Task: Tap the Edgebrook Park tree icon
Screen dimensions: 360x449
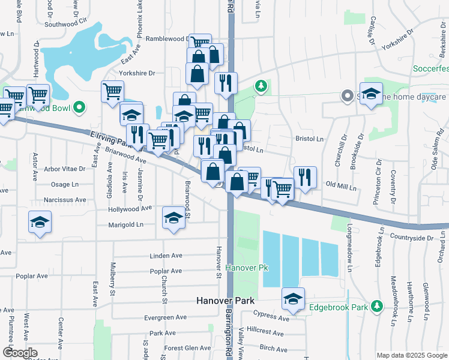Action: (376, 306)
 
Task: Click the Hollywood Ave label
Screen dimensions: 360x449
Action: (130, 209)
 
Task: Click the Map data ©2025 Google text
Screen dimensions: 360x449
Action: (411, 355)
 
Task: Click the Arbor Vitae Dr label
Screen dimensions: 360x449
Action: (65, 169)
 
